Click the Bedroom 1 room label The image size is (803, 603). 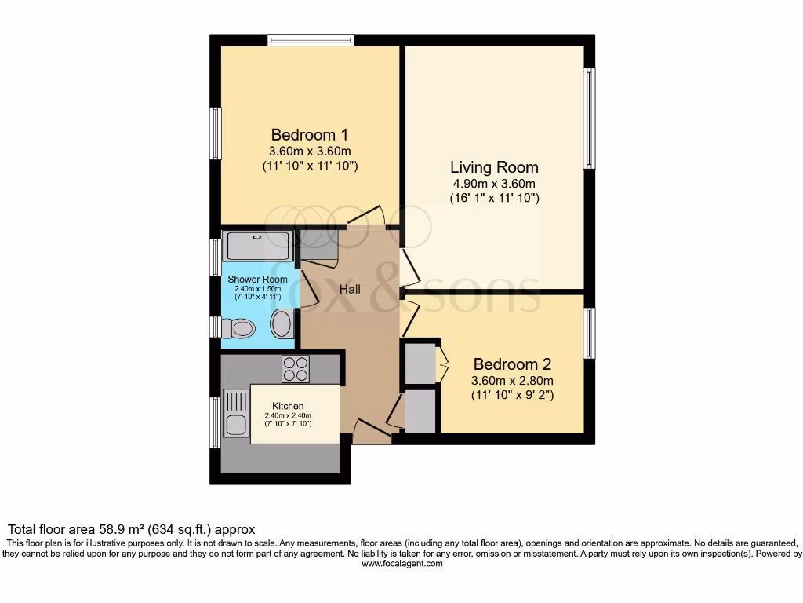click(309, 134)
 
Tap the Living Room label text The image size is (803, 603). click(494, 167)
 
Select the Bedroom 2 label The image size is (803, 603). click(512, 364)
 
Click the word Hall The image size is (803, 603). click(350, 290)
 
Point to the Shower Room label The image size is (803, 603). click(257, 280)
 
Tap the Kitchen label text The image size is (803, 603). click(288, 406)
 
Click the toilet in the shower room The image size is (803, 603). click(239, 328)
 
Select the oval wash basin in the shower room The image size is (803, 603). click(282, 323)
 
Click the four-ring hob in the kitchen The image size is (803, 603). click(296, 369)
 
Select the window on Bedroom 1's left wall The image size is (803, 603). click(215, 133)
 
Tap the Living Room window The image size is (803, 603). click(589, 119)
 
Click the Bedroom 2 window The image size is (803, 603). click(589, 333)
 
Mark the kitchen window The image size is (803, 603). click(215, 423)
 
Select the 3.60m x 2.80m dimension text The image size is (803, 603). click(512, 381)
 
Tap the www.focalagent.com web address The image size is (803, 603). click(401, 563)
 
